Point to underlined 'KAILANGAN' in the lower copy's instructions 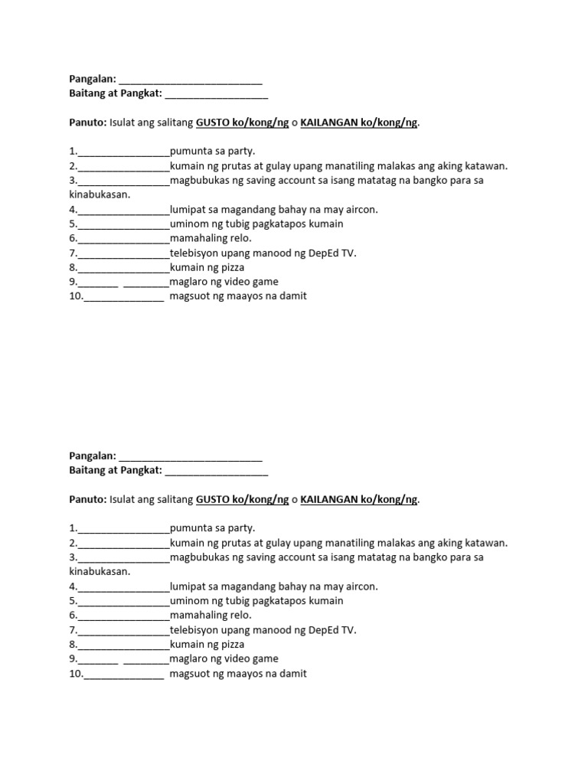click(329, 500)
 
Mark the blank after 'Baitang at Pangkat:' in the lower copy click(216, 471)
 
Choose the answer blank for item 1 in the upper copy click(123, 152)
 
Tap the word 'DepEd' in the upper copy click(318, 253)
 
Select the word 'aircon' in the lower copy click(359, 586)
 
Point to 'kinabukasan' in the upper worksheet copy click(99, 194)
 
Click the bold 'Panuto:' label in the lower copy click(87, 500)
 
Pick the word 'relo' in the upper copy click(238, 238)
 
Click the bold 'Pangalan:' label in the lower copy click(93, 456)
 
